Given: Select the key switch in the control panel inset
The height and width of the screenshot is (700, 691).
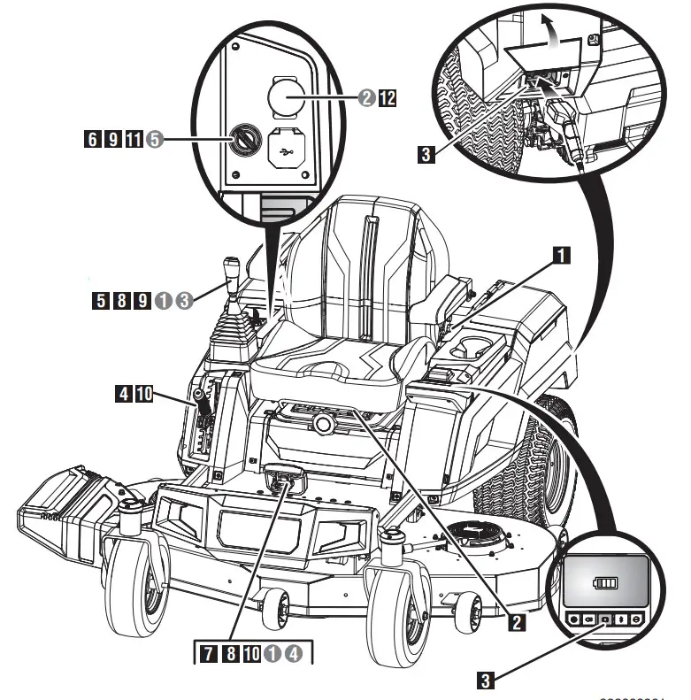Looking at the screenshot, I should (x=242, y=138).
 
